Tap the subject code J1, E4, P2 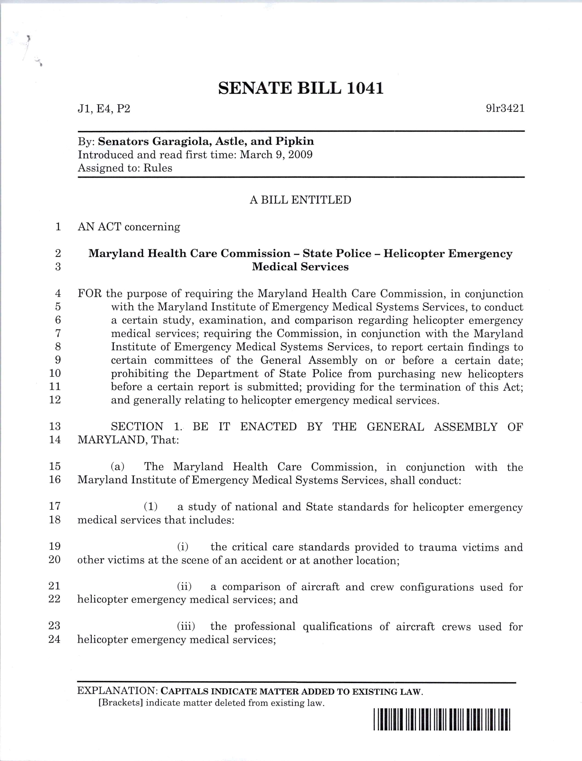click(x=104, y=109)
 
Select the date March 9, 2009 click(x=276, y=155)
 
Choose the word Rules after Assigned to click(x=158, y=168)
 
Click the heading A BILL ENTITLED click(x=300, y=200)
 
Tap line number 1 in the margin click(x=58, y=227)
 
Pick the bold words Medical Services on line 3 click(x=300, y=267)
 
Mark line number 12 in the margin click(x=55, y=400)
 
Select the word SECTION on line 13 click(x=137, y=427)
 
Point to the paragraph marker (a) click(x=118, y=467)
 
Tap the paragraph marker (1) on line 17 click(x=151, y=507)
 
